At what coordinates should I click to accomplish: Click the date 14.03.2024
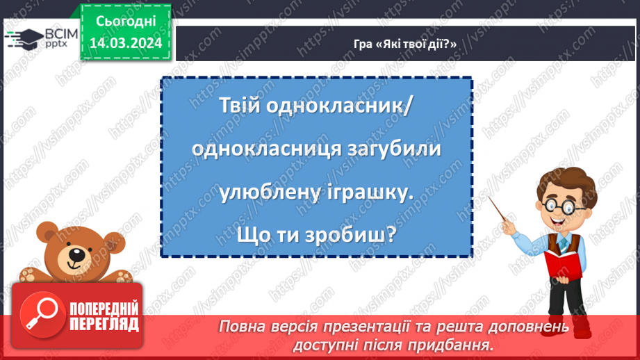pos(125,43)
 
